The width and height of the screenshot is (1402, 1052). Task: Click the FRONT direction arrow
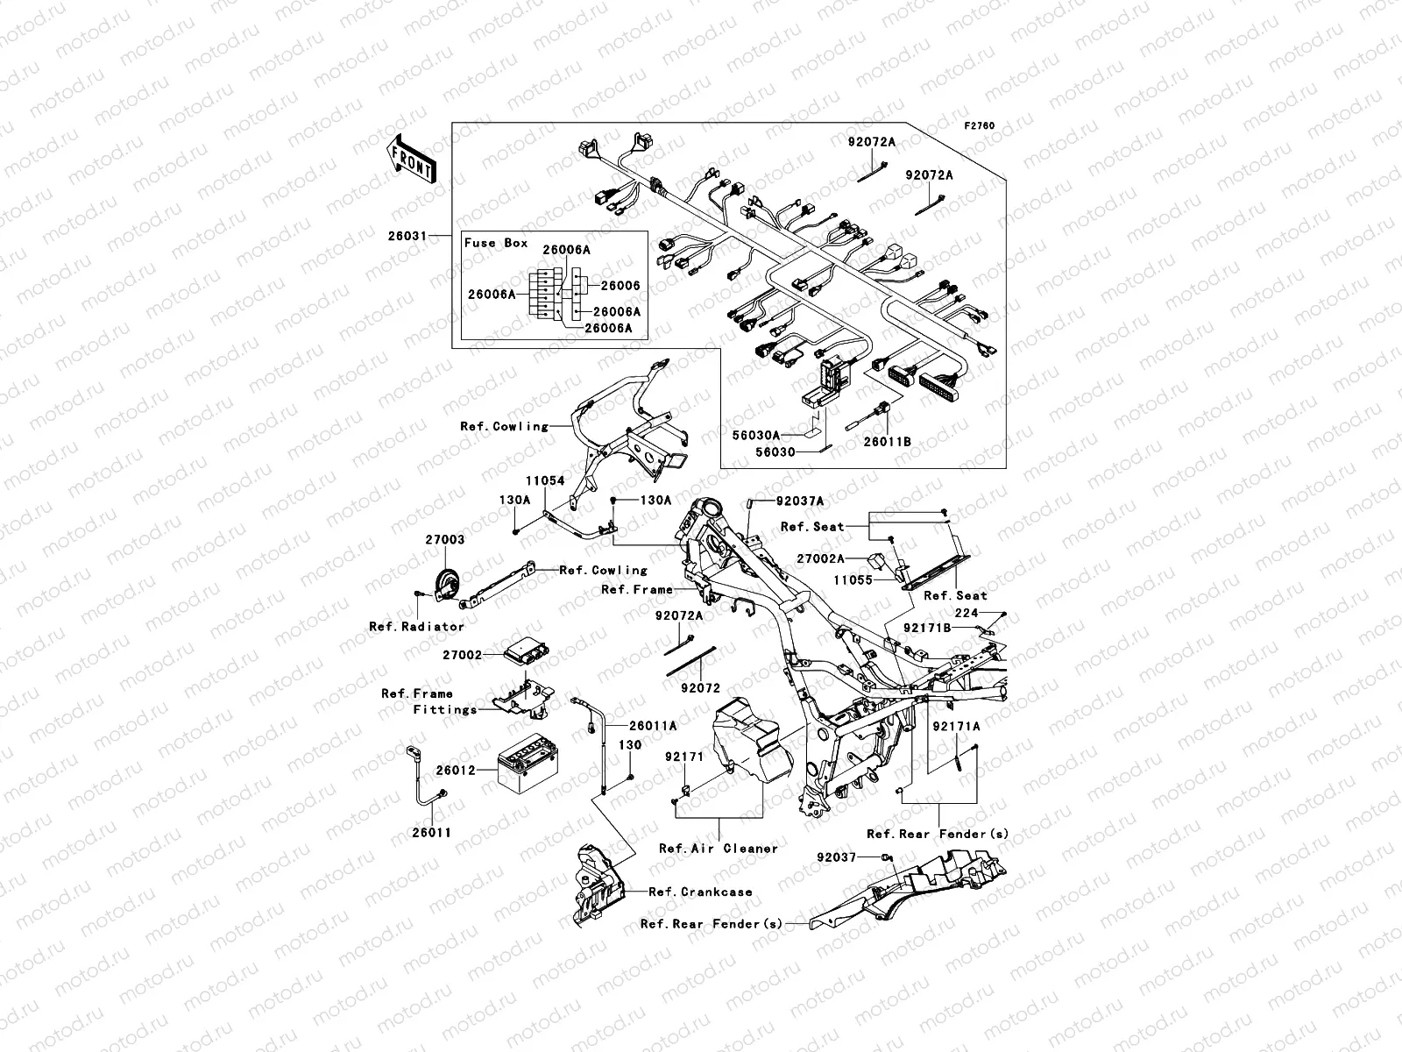point(411,160)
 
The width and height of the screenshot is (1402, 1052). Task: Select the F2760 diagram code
point(979,126)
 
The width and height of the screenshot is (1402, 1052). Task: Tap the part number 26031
point(407,236)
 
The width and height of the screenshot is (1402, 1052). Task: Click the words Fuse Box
point(496,243)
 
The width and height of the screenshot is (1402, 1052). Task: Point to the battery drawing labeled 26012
point(528,765)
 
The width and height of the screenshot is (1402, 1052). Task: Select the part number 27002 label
point(463,655)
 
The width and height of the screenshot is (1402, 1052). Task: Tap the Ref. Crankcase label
point(700,892)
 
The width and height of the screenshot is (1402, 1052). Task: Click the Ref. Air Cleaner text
point(719,849)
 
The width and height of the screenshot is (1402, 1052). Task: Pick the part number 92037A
point(800,501)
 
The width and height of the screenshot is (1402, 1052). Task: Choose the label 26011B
point(887,441)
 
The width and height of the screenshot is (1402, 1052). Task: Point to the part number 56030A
point(756,435)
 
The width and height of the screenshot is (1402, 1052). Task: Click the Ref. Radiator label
point(416,627)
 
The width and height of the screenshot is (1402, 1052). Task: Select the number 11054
point(546,481)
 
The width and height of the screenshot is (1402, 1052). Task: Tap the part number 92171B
point(927,628)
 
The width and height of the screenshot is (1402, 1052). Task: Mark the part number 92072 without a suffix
point(701,688)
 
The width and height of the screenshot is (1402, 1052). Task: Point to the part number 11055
point(853,580)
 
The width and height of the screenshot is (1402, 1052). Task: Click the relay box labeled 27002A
point(875,561)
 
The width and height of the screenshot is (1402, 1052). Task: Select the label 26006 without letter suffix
point(620,286)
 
